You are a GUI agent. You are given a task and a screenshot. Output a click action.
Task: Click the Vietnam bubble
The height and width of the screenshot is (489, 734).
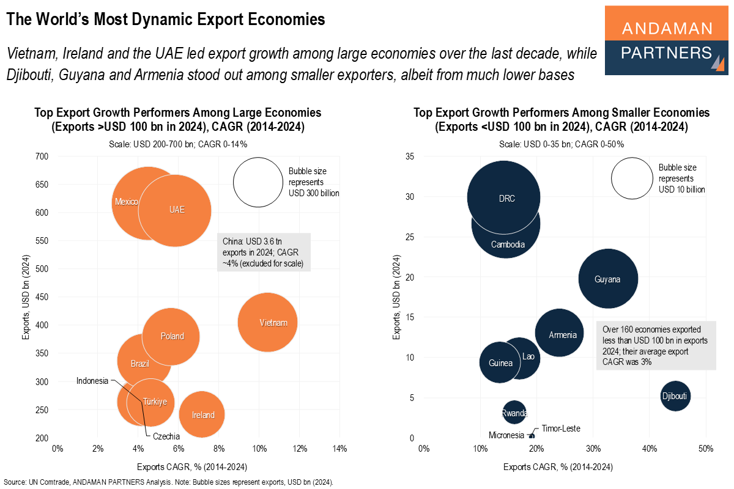click(x=267, y=322)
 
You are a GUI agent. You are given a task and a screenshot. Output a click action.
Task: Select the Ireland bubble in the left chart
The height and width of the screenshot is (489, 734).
click(x=202, y=414)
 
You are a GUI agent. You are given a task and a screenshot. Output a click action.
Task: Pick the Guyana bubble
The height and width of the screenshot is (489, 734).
click(x=607, y=279)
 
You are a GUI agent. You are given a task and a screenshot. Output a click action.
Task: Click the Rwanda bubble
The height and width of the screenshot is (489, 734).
click(x=514, y=413)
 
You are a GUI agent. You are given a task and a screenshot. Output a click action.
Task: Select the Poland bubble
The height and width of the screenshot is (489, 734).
click(x=171, y=336)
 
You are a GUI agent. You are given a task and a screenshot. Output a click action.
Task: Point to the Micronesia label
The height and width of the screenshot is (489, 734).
click(x=506, y=435)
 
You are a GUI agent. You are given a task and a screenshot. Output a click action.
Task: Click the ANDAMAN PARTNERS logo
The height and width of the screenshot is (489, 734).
click(x=665, y=40)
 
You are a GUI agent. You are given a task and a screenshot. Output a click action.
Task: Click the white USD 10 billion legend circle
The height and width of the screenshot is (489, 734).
click(x=632, y=178)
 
